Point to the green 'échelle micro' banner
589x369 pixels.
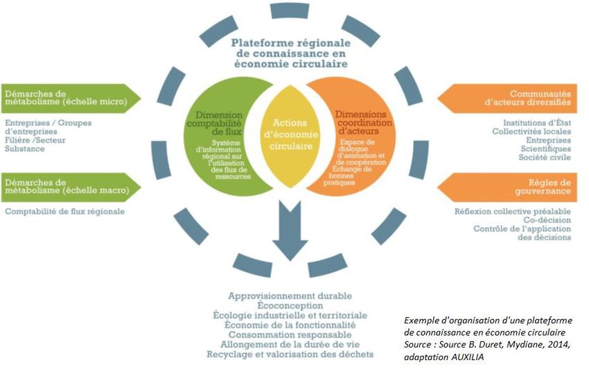point(69,98)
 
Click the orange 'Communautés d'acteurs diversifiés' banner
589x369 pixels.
point(513,98)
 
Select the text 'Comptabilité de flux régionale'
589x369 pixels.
point(65,211)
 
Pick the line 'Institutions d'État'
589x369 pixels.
point(532,123)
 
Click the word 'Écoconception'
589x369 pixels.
point(290,305)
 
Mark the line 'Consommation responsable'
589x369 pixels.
point(290,334)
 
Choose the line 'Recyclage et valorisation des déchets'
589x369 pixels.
point(290,354)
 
